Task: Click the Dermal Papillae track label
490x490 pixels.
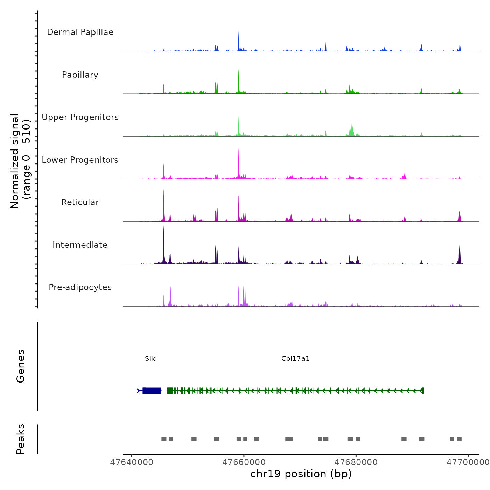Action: [x=80, y=32]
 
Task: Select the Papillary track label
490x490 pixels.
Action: [x=80, y=75]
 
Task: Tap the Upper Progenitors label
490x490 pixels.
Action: [x=80, y=117]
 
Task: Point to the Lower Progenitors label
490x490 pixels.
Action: [x=80, y=160]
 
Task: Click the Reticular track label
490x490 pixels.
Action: [x=80, y=202]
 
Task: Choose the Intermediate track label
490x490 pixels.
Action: [x=80, y=245]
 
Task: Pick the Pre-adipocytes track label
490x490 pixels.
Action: [x=80, y=287]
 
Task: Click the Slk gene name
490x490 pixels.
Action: [x=150, y=359]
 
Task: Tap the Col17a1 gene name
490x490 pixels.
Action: [x=295, y=359]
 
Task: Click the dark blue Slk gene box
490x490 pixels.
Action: [x=152, y=391]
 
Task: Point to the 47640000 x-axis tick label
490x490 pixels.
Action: [x=132, y=462]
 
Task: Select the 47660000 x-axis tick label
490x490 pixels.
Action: [x=244, y=462]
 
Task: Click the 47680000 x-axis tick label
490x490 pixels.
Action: [x=356, y=462]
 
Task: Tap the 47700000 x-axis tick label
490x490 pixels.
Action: [x=468, y=462]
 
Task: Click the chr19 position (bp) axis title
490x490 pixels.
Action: [x=301, y=474]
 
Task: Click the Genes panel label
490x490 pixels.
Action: [x=21, y=366]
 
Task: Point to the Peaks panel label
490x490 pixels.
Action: [x=21, y=439]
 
